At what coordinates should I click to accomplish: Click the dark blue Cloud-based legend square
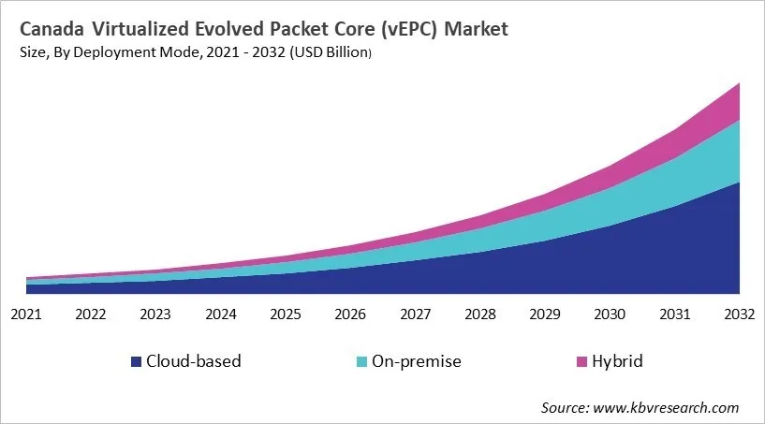point(136,361)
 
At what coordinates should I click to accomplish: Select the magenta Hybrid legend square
point(581,361)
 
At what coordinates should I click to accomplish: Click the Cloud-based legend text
point(194,361)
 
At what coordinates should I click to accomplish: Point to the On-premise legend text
point(416,361)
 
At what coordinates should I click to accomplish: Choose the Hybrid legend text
point(619,361)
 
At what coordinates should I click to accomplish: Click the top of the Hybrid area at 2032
point(739,84)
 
